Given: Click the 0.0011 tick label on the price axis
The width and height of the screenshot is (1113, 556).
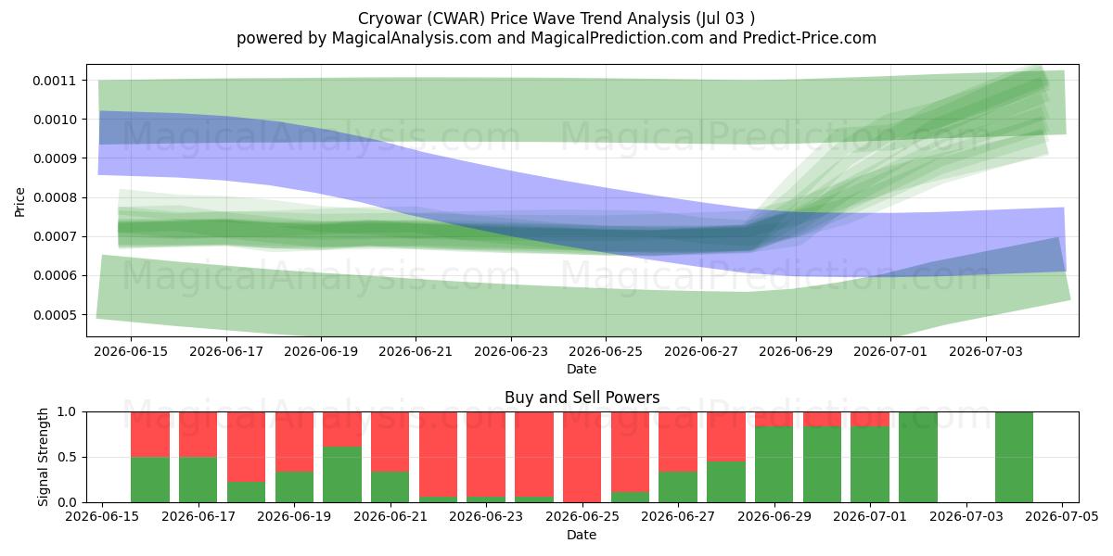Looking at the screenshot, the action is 55,81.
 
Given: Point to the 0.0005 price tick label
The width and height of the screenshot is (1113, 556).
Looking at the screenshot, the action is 55,315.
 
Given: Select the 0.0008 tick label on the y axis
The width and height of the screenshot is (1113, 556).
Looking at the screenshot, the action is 55,198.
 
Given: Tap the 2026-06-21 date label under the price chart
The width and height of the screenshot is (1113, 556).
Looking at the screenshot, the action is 416,351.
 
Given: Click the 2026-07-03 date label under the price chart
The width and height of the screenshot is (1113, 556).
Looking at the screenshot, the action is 986,351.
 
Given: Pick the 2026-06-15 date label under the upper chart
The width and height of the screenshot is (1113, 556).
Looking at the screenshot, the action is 131,351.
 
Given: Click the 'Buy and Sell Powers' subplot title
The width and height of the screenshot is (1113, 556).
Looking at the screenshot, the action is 582,398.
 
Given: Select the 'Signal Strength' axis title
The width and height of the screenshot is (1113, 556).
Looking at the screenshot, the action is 44,457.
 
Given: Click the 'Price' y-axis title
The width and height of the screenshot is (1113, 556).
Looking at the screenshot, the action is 19,202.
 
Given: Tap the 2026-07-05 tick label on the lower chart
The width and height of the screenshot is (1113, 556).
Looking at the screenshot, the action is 1062,517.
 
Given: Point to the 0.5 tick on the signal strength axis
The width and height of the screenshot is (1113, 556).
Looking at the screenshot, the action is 68,457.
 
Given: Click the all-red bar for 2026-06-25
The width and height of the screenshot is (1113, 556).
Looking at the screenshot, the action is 582,457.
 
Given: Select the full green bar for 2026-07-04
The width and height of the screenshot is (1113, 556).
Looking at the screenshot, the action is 1014,457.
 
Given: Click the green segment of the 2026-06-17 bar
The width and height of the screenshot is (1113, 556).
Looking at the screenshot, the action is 198,480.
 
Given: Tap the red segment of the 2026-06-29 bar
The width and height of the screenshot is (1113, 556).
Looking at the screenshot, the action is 774,419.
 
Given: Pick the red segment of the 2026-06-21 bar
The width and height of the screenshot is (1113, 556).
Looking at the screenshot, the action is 390,442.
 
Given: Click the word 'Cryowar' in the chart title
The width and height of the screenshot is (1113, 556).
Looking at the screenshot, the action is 386,19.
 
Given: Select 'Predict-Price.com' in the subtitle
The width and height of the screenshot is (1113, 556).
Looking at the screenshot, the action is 810,38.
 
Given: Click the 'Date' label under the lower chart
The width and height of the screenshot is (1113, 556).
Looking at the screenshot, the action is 582,536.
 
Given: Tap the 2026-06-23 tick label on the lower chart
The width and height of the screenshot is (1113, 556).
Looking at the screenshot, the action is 486,517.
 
